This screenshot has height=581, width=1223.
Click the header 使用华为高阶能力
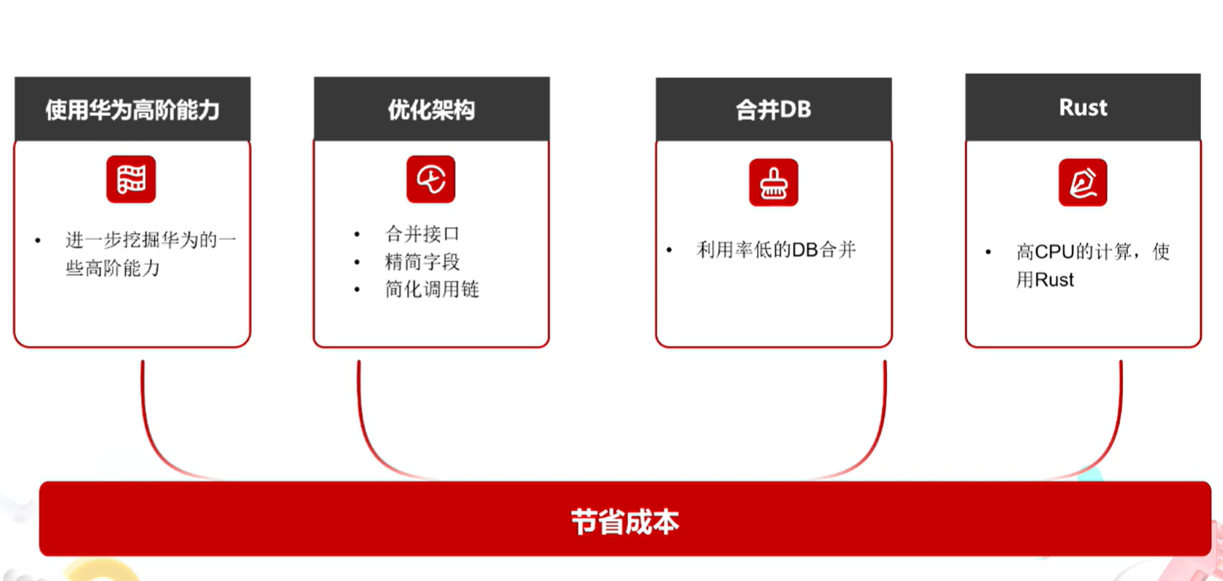(x=133, y=109)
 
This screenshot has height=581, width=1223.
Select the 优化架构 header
(x=431, y=109)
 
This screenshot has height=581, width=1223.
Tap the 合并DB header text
(x=773, y=109)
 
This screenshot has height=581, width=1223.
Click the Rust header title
(x=1083, y=107)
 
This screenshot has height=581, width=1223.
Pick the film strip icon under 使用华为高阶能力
(x=131, y=179)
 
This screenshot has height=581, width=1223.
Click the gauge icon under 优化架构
(x=431, y=179)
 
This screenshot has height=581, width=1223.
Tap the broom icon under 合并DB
(x=773, y=182)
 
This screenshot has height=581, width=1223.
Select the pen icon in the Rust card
(x=1083, y=182)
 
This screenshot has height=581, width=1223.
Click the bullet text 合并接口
(x=422, y=234)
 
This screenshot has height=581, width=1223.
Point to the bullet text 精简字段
(x=422, y=262)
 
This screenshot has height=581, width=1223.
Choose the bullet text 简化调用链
(x=432, y=289)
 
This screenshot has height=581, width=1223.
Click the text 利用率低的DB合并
(x=776, y=250)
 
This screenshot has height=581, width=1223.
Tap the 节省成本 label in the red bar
(x=625, y=522)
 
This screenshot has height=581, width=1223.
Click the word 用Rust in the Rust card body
(x=1045, y=280)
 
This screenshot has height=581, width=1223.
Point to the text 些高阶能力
(x=113, y=268)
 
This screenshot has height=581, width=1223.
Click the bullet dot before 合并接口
(x=357, y=234)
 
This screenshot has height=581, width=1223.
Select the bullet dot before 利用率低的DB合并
(x=669, y=250)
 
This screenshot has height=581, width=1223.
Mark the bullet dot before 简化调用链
(x=357, y=290)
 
